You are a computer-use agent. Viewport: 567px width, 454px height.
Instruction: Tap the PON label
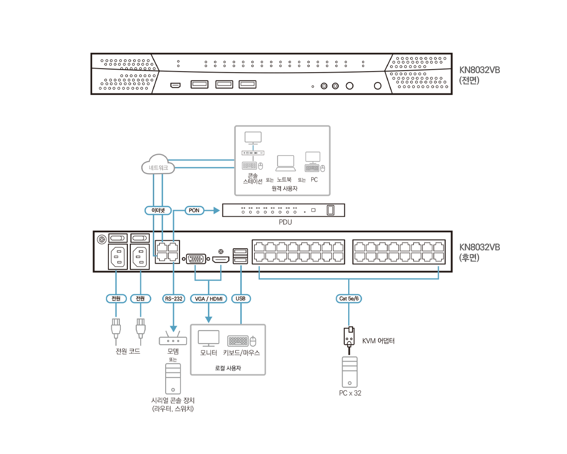[194, 210]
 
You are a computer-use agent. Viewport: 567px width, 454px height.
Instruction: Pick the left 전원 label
[116, 299]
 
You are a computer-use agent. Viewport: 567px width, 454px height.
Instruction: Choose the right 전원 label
[141, 299]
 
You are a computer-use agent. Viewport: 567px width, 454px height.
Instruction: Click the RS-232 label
[174, 299]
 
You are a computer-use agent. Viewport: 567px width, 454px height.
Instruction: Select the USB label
[241, 299]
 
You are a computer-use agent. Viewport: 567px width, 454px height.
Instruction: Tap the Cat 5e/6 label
[349, 299]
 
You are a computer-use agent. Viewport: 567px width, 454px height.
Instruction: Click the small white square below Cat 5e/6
[351, 329]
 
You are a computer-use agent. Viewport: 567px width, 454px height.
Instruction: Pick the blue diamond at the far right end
[438, 269]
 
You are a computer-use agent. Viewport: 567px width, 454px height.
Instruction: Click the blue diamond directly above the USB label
[241, 269]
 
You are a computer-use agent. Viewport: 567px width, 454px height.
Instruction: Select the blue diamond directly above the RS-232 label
[174, 267]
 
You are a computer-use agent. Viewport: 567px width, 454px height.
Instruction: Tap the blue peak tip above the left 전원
[116, 272]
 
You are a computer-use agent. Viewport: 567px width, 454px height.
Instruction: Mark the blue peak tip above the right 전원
[141, 272]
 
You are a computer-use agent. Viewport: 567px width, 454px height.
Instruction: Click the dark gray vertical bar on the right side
[481, 249]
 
